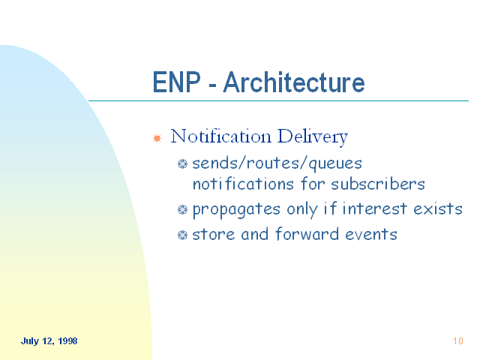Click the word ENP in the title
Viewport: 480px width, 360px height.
coord(177,82)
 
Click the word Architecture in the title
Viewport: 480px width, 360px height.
coord(294,82)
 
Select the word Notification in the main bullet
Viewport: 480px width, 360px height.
coord(220,136)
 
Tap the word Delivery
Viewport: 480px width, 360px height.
coord(313,137)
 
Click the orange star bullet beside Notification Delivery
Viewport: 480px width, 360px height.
coord(157,138)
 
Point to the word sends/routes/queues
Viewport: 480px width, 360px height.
coord(277,163)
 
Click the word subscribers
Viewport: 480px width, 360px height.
coord(378,184)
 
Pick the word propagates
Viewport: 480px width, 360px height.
coord(236,210)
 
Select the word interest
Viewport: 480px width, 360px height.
coord(374,208)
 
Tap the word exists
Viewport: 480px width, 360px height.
coord(438,208)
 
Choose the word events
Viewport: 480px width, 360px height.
coord(371,235)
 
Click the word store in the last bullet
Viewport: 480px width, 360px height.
coord(213,235)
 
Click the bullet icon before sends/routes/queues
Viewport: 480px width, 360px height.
coord(182,163)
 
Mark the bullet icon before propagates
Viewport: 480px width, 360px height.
coord(182,210)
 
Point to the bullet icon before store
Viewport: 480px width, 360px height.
coord(182,235)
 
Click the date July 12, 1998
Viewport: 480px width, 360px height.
coord(49,341)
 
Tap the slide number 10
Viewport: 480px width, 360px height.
coord(458,341)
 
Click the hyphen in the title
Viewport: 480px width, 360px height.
coord(212,85)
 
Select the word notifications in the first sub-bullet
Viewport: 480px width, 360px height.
coord(243,184)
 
